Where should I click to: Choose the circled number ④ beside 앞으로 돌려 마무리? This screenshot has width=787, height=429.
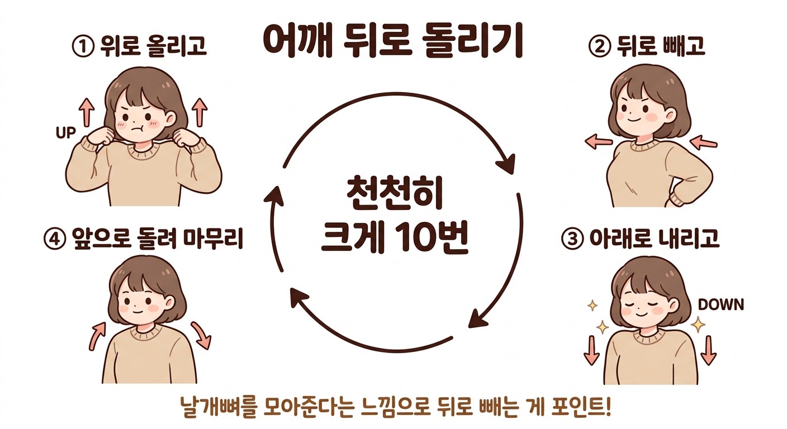pyautogui.click(x=55, y=239)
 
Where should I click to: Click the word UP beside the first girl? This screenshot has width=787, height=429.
pyautogui.click(x=66, y=133)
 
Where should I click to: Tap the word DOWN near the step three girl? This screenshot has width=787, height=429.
pyautogui.click(x=721, y=304)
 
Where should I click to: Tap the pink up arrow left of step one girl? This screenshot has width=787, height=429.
pyautogui.click(x=87, y=112)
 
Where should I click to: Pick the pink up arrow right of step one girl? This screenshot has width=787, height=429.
pyautogui.click(x=200, y=112)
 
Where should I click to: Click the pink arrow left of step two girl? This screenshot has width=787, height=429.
pyautogui.click(x=599, y=141)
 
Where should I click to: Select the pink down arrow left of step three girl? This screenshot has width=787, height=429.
pyautogui.click(x=591, y=351)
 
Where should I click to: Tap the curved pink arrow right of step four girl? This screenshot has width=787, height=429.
pyautogui.click(x=202, y=335)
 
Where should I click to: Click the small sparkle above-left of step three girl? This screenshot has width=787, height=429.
pyautogui.click(x=592, y=306)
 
